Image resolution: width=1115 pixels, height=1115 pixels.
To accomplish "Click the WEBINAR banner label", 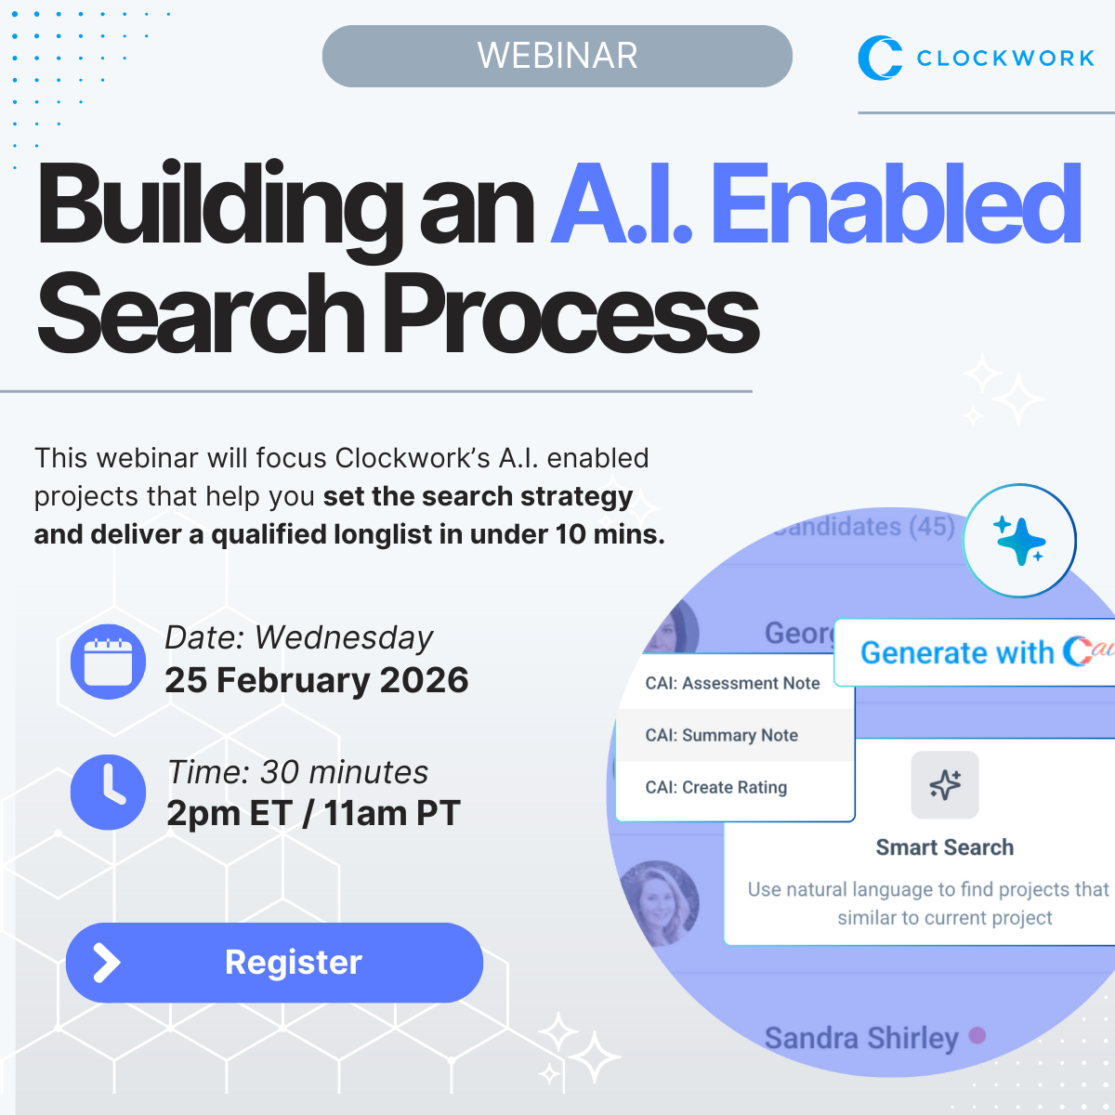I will tap(557, 56).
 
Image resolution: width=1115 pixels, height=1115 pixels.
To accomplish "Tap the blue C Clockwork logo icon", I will tap(879, 58).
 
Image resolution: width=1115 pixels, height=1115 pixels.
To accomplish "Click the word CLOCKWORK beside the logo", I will tap(1005, 59).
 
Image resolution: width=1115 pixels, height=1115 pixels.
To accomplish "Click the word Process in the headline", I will tap(571, 314).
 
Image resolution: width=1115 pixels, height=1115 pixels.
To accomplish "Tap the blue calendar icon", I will tap(109, 662).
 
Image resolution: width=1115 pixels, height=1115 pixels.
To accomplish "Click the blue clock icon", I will tap(109, 793).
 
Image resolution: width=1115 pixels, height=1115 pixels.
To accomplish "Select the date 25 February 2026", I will tap(317, 680).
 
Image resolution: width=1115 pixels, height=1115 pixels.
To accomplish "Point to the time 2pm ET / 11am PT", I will tap(313, 814).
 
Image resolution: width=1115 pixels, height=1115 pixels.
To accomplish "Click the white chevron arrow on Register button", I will tap(107, 964).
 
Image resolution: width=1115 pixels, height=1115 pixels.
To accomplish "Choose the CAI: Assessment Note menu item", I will tap(732, 683).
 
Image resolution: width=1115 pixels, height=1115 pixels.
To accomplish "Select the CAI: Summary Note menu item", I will tap(721, 735).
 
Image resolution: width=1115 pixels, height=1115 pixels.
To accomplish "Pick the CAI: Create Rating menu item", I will tap(715, 787).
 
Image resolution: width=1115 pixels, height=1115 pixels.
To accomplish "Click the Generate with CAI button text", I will tap(976, 652).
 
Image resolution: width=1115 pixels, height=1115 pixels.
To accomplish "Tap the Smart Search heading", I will tap(944, 847).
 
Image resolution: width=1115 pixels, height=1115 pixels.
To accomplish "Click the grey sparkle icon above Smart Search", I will tap(945, 785).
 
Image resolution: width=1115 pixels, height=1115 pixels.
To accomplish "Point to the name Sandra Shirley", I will tap(860, 1038).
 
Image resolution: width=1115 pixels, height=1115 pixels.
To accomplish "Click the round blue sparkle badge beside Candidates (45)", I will tap(1019, 540).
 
